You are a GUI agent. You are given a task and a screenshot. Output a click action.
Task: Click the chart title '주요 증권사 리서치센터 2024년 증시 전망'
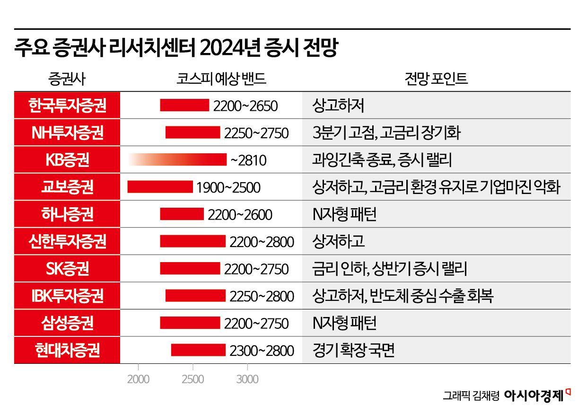click(175, 49)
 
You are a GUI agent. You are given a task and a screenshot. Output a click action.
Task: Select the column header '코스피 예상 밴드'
click(218, 79)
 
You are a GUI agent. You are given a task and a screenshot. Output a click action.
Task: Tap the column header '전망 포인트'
click(436, 79)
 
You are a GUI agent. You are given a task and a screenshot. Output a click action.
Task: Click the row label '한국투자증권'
click(67, 105)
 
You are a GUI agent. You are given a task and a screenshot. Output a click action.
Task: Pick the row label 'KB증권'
click(67, 160)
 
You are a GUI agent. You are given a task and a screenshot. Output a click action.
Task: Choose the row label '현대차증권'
click(67, 351)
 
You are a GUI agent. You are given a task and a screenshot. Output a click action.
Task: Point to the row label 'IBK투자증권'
click(67, 296)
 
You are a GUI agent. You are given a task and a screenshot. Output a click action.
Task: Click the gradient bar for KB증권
click(177, 160)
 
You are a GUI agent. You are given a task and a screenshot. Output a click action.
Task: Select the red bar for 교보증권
click(160, 187)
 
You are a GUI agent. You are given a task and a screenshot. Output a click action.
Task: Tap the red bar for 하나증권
click(182, 214)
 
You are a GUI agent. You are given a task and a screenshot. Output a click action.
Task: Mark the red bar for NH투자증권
click(192, 132)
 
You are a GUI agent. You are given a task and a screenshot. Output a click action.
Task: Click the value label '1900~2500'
click(228, 188)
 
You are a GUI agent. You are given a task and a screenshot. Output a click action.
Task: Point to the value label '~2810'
click(248, 161)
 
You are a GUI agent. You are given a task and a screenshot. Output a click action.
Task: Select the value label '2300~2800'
click(262, 351)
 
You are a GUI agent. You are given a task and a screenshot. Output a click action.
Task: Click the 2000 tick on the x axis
click(138, 379)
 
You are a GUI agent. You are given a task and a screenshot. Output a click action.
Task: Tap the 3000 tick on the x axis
click(247, 379)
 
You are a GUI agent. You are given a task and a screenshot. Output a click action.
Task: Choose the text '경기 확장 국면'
click(353, 351)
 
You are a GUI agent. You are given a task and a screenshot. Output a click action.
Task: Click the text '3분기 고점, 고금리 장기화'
click(386, 132)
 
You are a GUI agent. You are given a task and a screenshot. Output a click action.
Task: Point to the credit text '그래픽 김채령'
click(471, 396)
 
